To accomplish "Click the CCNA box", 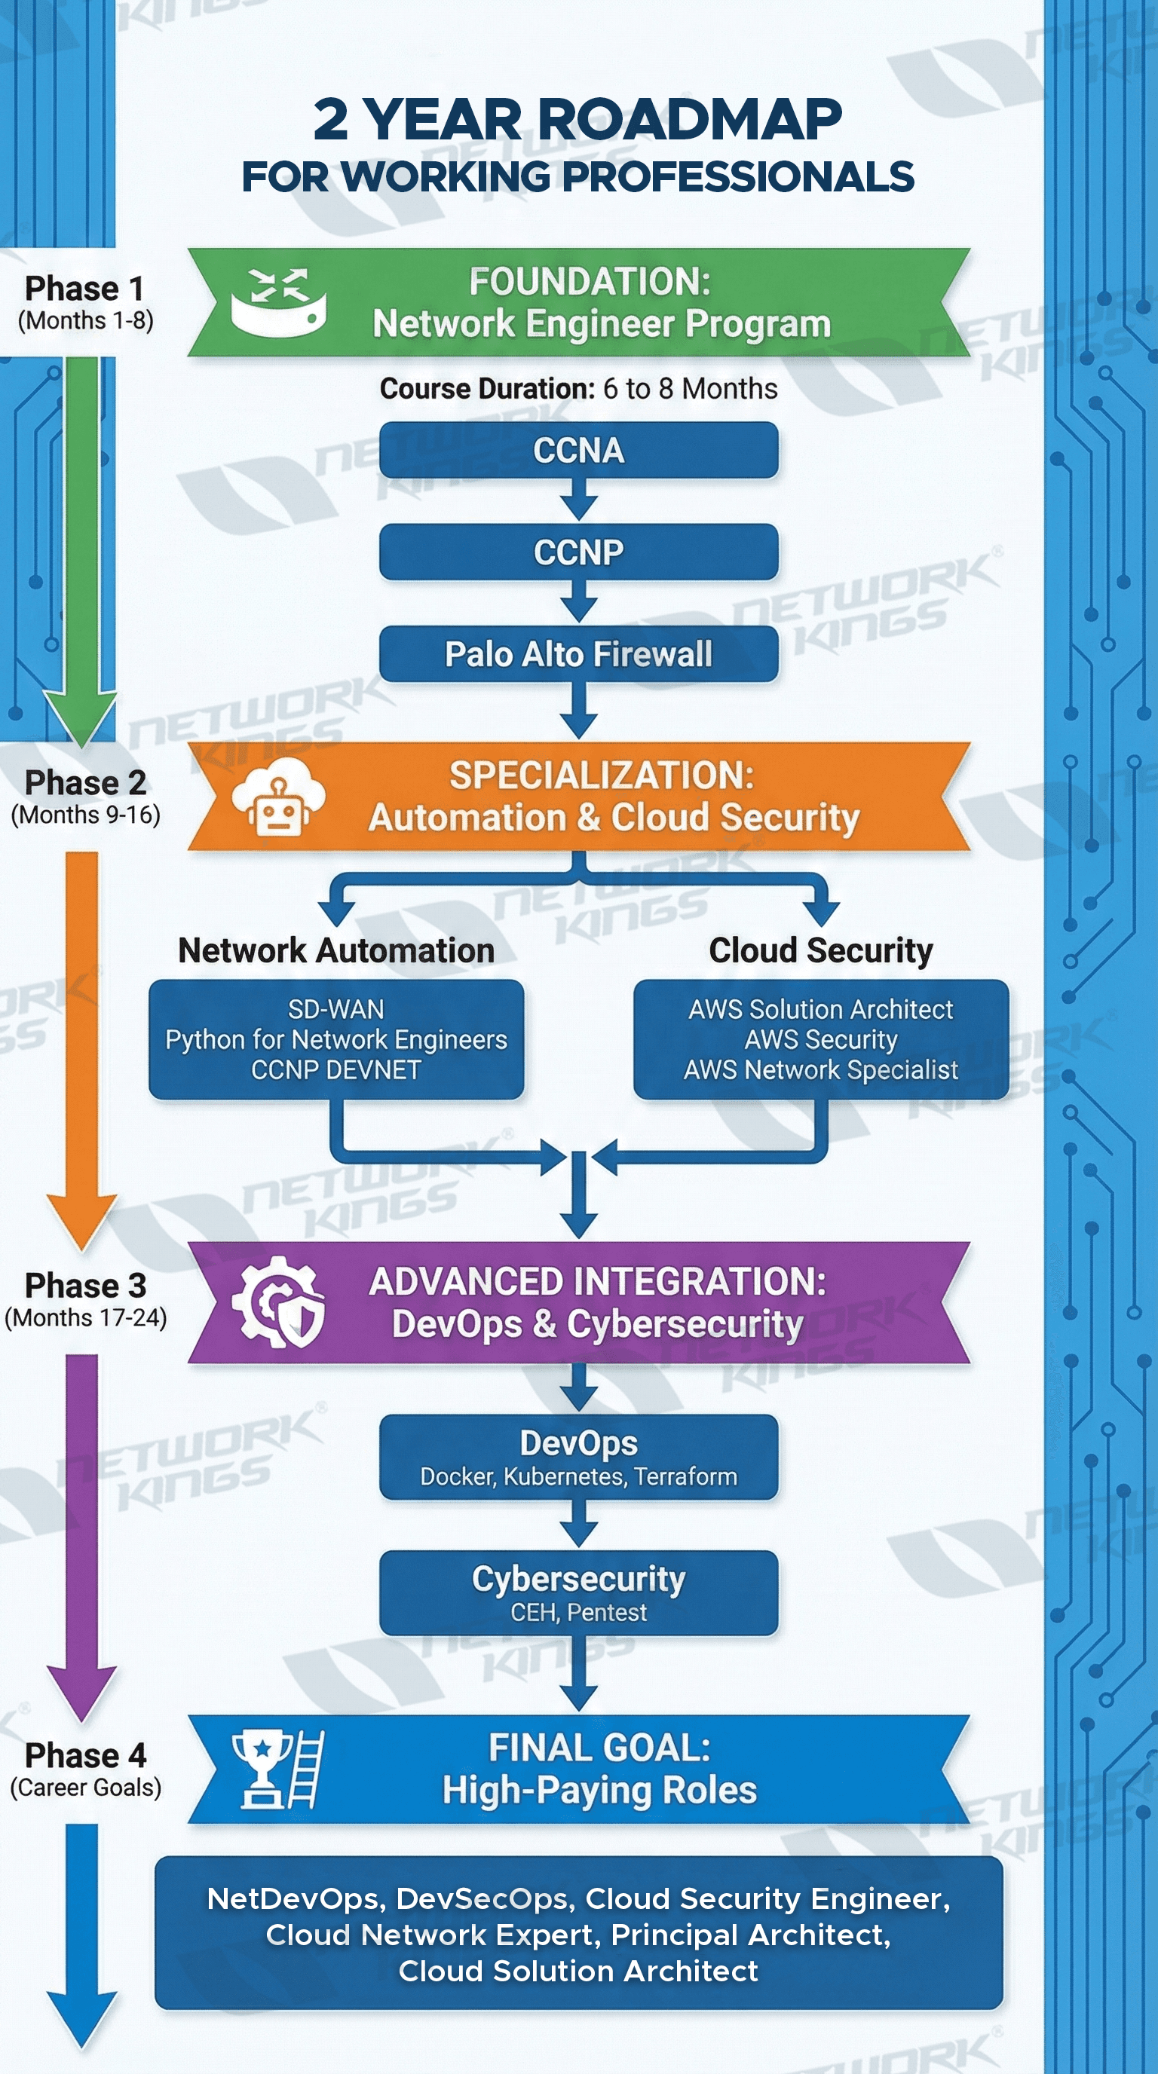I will coord(578,450).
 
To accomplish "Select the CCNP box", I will coord(578,552).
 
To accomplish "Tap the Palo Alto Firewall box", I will coord(578,653).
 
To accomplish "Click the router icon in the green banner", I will coord(278,303).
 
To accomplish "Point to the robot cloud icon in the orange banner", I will coord(278,797).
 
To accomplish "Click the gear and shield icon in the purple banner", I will coord(278,1302).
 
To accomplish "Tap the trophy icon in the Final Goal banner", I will coord(262,1770).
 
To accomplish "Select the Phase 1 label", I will coord(84,288).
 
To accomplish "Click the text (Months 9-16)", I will coord(85,815).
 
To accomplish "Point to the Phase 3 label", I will coord(85,1286).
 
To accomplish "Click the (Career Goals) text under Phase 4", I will coord(85,1788).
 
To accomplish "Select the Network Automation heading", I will coord(335,950).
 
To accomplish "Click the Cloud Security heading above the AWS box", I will coord(819,950).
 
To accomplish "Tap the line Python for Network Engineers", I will coord(335,1039).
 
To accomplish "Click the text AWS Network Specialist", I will coord(819,1070).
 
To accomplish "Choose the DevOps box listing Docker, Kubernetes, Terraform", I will coord(578,1458).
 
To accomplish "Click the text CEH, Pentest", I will coord(578,1613).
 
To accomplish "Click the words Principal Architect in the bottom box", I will coord(751,1935).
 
